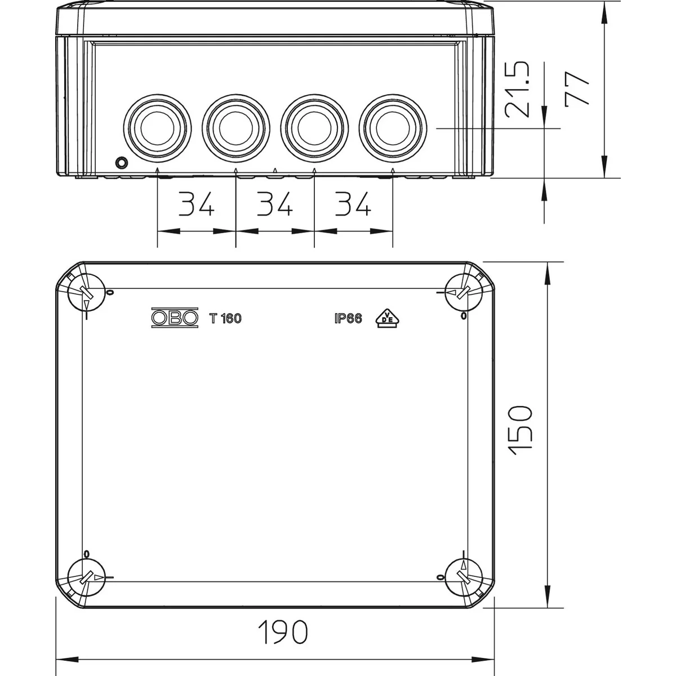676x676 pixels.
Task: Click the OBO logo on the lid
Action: point(175,318)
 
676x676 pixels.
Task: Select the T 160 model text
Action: point(225,318)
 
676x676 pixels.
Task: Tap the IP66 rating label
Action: point(348,318)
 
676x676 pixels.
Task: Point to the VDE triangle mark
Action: point(388,318)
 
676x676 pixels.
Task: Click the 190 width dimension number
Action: point(283,632)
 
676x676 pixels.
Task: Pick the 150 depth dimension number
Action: point(521,431)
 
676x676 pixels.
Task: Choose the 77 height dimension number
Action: point(577,88)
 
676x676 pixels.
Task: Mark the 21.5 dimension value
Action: point(517,89)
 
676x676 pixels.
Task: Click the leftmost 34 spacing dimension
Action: point(197,203)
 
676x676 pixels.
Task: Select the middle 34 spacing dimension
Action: point(275,203)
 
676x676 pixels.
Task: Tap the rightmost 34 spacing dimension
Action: point(353,203)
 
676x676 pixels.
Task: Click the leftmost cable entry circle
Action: point(157,128)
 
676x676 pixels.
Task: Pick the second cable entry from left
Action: point(235,128)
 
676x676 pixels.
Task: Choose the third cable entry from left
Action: point(314,128)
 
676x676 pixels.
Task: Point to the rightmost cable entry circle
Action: point(393,128)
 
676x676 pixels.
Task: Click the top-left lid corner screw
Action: point(86,291)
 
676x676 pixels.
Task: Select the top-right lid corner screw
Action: point(464,291)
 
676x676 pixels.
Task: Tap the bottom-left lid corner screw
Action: point(86,577)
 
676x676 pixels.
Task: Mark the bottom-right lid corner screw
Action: point(464,577)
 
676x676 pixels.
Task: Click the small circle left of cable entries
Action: point(121,162)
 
